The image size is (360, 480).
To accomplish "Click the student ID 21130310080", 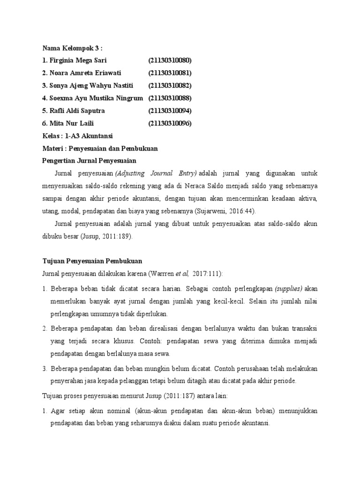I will tap(170, 60).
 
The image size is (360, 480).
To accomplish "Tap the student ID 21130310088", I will tap(170, 98).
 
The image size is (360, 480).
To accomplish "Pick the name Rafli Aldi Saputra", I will tap(76, 111).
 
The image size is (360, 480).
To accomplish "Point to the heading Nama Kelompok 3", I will tap(72, 48).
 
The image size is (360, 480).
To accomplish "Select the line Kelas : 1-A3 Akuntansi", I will tap(78, 136).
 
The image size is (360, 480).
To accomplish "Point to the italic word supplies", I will tap(289, 288).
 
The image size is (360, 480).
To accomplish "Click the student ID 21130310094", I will tap(170, 111).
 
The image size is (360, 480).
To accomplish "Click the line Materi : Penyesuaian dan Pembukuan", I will tap(100, 149).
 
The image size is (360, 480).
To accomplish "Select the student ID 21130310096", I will tap(170, 124).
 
